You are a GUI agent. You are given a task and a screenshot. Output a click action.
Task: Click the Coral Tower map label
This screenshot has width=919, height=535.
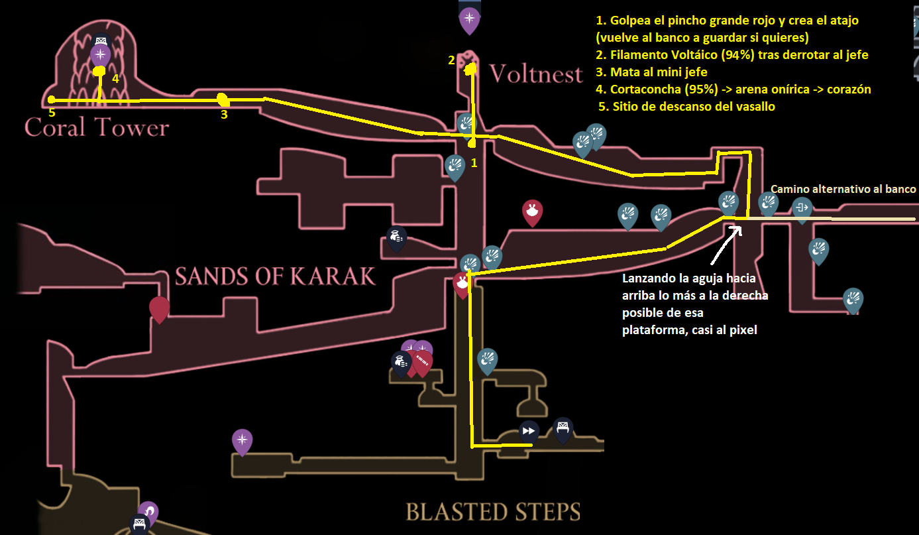tap(97, 127)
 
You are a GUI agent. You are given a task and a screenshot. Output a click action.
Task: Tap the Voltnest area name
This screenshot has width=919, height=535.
tap(535, 74)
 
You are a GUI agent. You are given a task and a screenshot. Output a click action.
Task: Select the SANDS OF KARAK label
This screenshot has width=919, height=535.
tap(275, 276)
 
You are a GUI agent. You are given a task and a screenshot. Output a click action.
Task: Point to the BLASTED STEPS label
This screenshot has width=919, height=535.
tap(492, 511)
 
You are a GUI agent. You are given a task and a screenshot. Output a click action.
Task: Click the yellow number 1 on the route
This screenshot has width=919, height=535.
tap(473, 162)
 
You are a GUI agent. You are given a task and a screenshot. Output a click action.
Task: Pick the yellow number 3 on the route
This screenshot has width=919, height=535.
tap(224, 114)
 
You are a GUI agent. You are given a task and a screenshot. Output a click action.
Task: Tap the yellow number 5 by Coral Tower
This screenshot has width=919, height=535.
tap(52, 113)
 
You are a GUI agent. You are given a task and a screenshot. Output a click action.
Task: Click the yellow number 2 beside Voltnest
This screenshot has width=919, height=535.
tap(451, 60)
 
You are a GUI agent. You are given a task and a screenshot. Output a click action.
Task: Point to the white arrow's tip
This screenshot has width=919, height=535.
tap(739, 227)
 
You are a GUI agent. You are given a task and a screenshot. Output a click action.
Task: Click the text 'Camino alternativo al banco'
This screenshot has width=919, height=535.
tap(843, 189)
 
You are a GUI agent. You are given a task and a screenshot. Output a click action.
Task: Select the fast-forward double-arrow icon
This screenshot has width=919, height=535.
tap(529, 431)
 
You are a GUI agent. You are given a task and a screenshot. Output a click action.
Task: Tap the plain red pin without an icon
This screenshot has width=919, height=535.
tap(159, 308)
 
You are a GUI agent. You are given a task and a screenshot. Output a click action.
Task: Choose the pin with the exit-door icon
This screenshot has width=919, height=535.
tap(802, 208)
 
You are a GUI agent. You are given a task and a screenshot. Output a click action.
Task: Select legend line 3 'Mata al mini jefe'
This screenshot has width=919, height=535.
tap(659, 72)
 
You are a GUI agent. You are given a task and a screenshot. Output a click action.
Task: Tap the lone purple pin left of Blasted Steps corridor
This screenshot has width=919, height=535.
tap(242, 440)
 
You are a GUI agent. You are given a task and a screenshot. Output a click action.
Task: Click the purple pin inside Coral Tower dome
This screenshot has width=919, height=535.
tap(100, 54)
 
